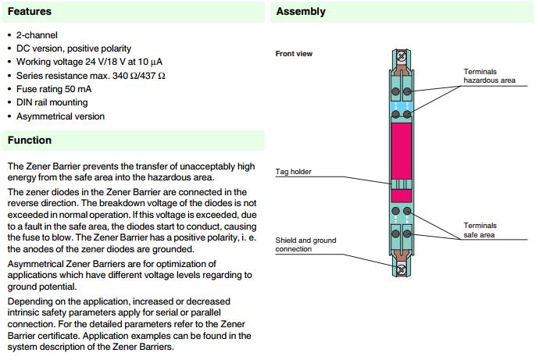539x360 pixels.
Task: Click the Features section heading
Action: coord(30,12)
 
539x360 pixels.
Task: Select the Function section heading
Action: coord(30,141)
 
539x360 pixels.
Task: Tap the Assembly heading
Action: coord(301,12)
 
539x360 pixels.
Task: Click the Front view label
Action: coord(294,53)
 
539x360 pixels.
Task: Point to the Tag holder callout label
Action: coord(294,172)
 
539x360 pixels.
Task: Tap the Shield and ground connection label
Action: coord(305,244)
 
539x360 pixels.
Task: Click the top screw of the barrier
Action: coord(402,57)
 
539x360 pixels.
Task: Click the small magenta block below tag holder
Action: coord(402,196)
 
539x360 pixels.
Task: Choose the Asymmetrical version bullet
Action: coord(60,116)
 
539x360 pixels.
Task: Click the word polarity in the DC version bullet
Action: coord(113,48)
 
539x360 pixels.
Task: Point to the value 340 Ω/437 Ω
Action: coord(143,76)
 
